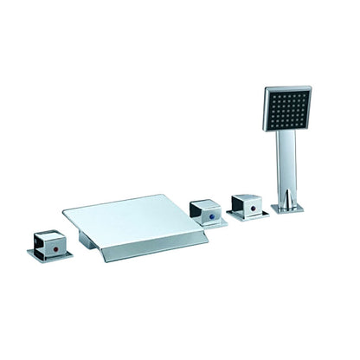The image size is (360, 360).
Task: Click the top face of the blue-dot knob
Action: [208, 204]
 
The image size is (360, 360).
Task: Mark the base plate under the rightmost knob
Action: [251, 214]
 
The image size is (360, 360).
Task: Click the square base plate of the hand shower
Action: [288, 208]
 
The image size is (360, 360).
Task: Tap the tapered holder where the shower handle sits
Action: [286, 196]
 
